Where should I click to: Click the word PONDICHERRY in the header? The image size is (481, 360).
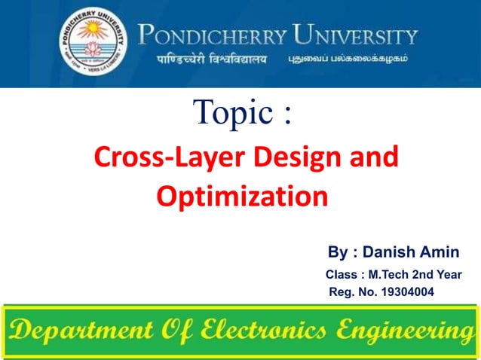[x=213, y=36]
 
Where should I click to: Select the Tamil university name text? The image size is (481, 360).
[x=348, y=59]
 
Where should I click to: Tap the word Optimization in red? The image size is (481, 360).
[x=242, y=197]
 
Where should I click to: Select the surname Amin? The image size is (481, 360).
[x=440, y=252]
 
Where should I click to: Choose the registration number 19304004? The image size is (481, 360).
[x=409, y=292]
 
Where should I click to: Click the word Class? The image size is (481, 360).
[x=340, y=274]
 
